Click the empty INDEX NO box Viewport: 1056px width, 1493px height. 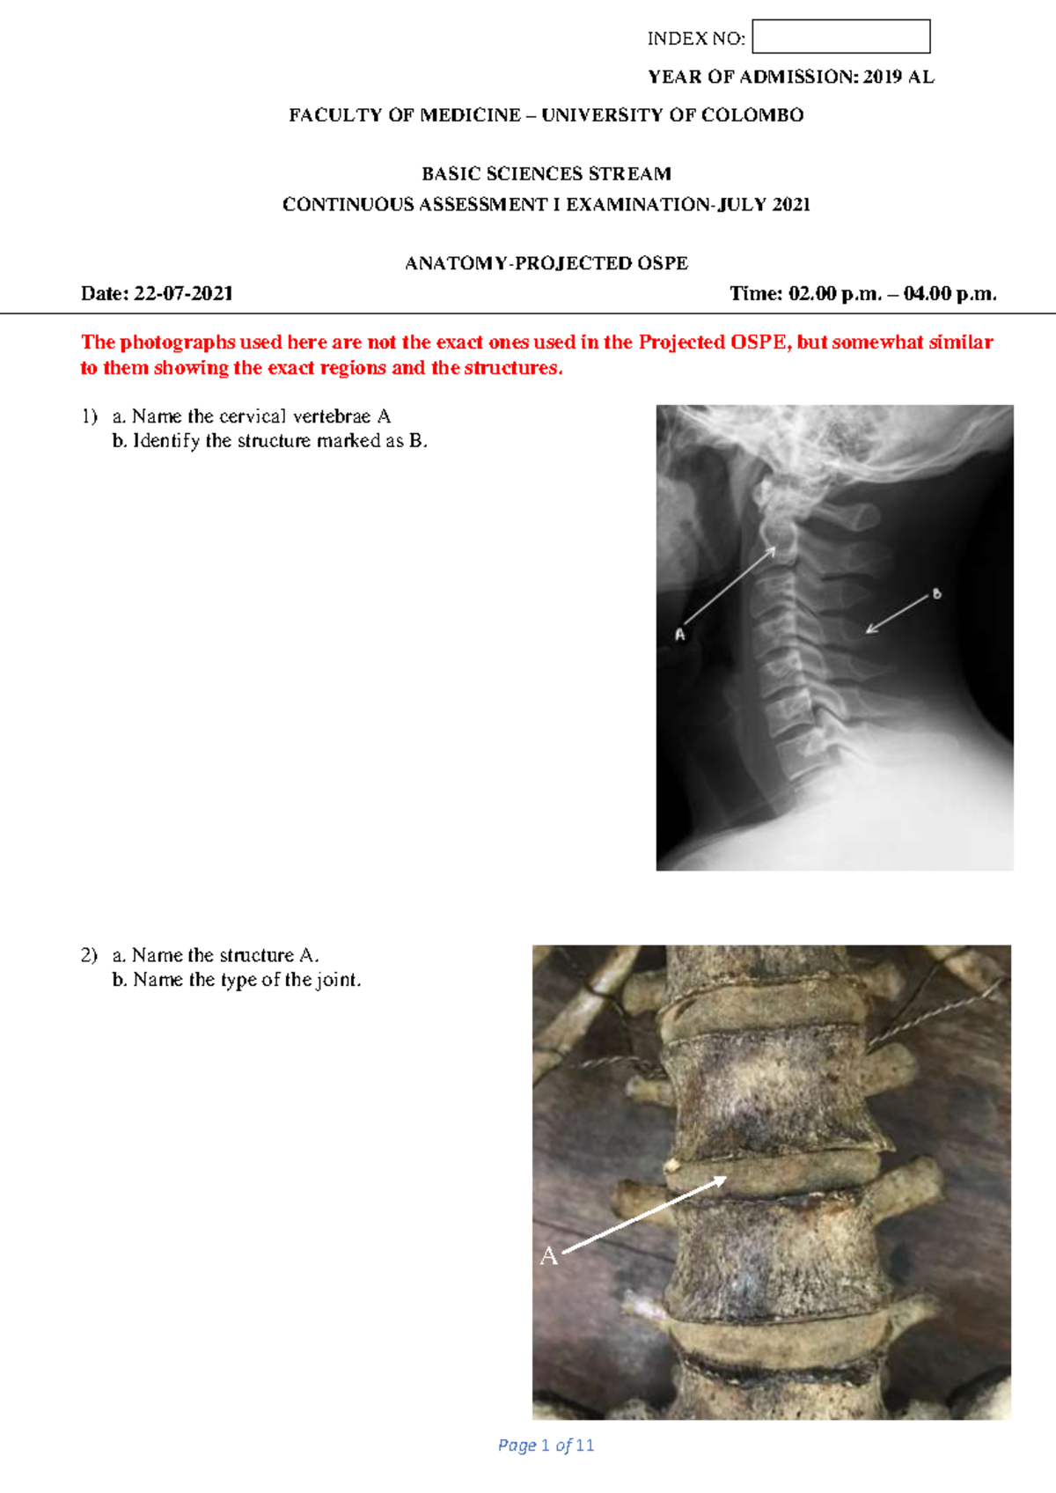[840, 37]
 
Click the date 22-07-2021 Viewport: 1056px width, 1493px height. [183, 294]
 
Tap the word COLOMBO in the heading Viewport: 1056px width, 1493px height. [752, 115]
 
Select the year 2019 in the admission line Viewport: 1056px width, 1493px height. [882, 77]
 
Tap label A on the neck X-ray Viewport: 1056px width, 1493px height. [679, 634]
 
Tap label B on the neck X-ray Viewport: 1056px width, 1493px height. [936, 594]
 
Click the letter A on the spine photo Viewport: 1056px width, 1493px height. [549, 1256]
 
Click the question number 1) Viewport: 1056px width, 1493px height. [89, 416]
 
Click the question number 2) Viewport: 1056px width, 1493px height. [89, 955]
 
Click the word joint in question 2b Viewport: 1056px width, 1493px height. [337, 980]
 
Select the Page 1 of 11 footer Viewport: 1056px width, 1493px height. [546, 1445]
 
